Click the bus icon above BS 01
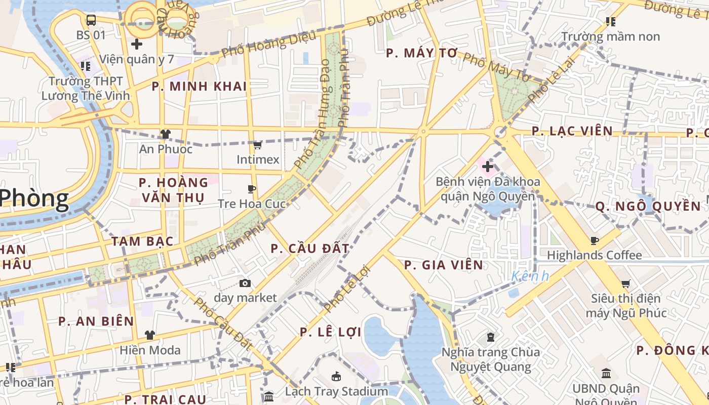click(x=91, y=20)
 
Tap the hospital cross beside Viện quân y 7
click(x=136, y=44)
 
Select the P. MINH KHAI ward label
click(x=199, y=86)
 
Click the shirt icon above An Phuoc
click(x=166, y=134)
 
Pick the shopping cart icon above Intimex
click(x=257, y=146)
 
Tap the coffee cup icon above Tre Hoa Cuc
click(x=252, y=189)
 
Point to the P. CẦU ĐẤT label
click(x=309, y=249)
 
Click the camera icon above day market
click(x=245, y=283)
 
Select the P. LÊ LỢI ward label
click(x=330, y=332)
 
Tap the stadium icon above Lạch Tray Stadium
click(x=336, y=376)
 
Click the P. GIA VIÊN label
click(x=443, y=265)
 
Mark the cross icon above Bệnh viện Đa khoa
click(x=488, y=166)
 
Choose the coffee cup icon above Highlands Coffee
click(x=595, y=240)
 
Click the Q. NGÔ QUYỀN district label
click(x=648, y=206)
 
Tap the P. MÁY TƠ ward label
click(x=421, y=53)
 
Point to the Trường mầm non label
click(x=611, y=36)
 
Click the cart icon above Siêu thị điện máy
click(x=626, y=284)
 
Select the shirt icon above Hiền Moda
click(x=150, y=335)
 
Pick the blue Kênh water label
click(x=530, y=276)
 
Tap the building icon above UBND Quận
click(x=606, y=374)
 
